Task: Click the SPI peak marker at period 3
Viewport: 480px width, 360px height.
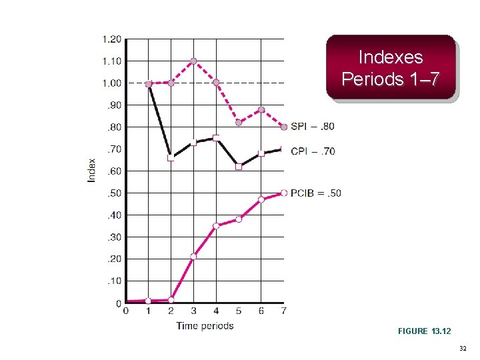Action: coord(193,61)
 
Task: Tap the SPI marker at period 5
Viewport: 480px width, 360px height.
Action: coord(239,122)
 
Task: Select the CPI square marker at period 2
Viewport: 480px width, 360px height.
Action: coord(171,158)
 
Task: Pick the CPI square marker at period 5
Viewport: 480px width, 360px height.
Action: coord(239,167)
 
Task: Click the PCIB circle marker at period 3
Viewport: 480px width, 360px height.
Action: coord(193,257)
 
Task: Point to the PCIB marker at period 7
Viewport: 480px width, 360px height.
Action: coord(284,193)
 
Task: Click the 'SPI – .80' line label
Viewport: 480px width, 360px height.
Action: coord(313,127)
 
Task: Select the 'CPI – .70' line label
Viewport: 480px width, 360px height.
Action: coord(313,151)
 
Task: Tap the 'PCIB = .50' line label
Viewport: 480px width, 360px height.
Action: coord(316,193)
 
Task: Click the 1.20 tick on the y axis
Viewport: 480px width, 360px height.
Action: coord(111,39)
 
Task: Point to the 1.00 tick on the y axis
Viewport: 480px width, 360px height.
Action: coord(111,83)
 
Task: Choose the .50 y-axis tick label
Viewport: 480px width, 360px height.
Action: coord(114,193)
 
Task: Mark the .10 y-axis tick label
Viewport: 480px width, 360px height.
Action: coord(114,281)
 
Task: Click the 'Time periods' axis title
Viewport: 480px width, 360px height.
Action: coord(205,326)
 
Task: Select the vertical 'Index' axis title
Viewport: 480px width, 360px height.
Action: coord(92,170)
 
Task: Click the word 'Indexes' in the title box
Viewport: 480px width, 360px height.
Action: coord(390,57)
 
